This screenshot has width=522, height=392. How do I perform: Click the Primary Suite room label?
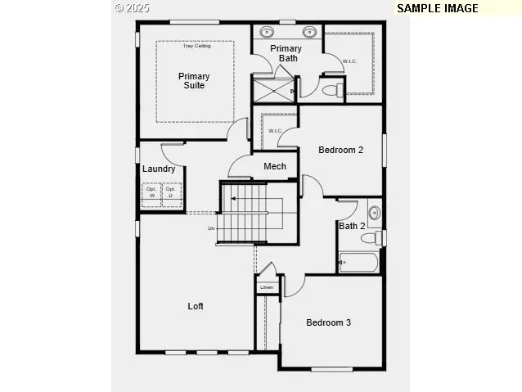click(x=194, y=81)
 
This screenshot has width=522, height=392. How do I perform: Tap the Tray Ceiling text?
click(x=196, y=46)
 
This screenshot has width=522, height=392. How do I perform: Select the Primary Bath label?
click(x=286, y=53)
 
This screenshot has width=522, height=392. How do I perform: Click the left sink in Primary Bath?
click(x=268, y=33)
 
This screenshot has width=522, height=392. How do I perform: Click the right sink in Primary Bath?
click(x=309, y=33)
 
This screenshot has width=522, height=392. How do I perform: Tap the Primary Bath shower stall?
click(x=272, y=89)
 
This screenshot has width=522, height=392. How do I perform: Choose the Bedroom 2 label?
click(x=340, y=150)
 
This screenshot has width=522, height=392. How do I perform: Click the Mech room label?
click(x=275, y=167)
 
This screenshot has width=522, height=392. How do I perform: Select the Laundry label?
click(x=158, y=169)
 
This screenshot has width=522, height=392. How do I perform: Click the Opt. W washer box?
click(x=151, y=193)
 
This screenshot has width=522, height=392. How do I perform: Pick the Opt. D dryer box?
click(x=171, y=193)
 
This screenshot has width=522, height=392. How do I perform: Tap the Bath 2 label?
click(x=352, y=226)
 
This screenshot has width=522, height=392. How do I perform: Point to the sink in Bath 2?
click(x=374, y=214)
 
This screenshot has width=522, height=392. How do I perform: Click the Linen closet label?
click(x=266, y=288)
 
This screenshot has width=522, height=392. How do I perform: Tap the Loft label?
click(x=196, y=306)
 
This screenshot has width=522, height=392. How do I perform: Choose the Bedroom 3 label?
click(x=328, y=322)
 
